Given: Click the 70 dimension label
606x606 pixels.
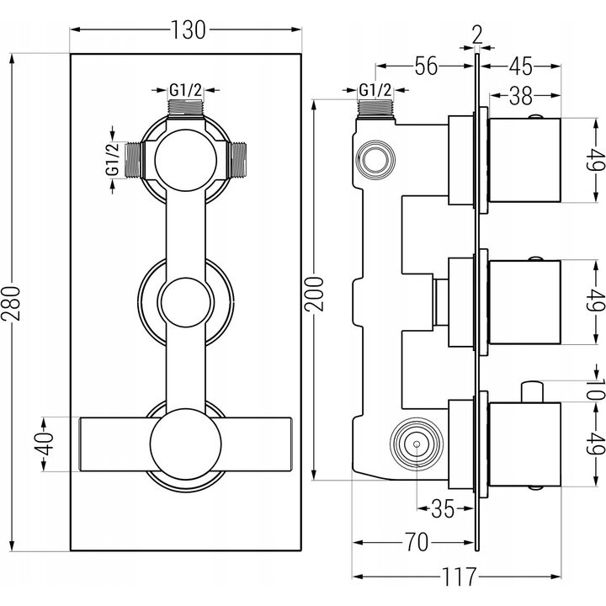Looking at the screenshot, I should [x=412, y=540].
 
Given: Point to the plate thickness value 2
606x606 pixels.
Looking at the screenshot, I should [x=477, y=35].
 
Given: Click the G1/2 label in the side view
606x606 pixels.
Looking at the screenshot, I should [x=374, y=89].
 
